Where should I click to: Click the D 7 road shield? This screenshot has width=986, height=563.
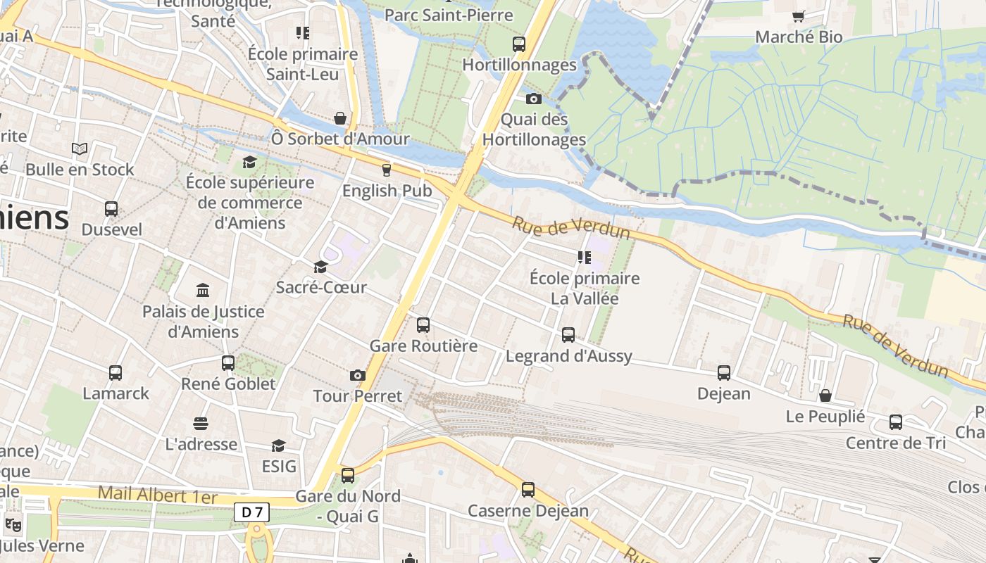pyautogui.click(x=251, y=512)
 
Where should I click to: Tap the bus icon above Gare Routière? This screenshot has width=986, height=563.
pyautogui.click(x=423, y=325)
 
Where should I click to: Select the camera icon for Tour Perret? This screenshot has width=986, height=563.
pyautogui.click(x=358, y=376)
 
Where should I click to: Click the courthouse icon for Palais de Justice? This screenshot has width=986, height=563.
pyautogui.click(x=203, y=291)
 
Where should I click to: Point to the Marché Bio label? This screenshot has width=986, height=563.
pyautogui.click(x=799, y=37)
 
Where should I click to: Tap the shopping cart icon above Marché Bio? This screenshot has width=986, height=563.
pyautogui.click(x=799, y=16)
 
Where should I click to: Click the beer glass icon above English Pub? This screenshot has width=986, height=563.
pyautogui.click(x=386, y=170)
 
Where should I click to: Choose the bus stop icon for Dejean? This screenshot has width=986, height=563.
pyautogui.click(x=724, y=373)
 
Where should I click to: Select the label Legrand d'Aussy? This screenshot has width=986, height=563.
pyautogui.click(x=569, y=356)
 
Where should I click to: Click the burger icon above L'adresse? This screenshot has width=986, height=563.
pyautogui.click(x=201, y=424)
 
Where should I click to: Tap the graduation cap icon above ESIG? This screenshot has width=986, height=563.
pyautogui.click(x=279, y=446)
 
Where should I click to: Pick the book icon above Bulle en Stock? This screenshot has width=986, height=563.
pyautogui.click(x=80, y=149)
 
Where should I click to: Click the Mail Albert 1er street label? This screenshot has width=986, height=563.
pyautogui.click(x=158, y=494)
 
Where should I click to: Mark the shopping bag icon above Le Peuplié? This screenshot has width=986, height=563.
pyautogui.click(x=825, y=396)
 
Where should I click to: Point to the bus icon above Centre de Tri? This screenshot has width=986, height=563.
pyautogui.click(x=896, y=422)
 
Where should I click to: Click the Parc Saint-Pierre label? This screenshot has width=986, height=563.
pyautogui.click(x=449, y=15)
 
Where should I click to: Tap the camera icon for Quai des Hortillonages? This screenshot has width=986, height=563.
pyautogui.click(x=533, y=99)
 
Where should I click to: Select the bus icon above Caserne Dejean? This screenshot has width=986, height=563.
pyautogui.click(x=528, y=490)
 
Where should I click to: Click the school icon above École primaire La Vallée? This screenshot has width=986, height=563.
pyautogui.click(x=584, y=258)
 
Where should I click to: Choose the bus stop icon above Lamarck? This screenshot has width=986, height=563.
pyautogui.click(x=116, y=373)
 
